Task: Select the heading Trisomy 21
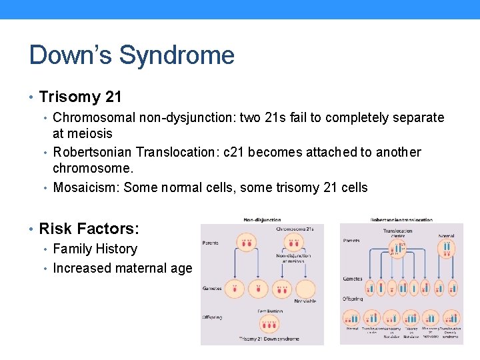pyautogui.click(x=80, y=97)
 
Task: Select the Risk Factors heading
pyautogui.click(x=89, y=229)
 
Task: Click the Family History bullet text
pyautogui.click(x=95, y=249)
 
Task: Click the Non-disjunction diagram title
pyautogui.click(x=262, y=219)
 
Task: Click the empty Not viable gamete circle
pyautogui.click(x=306, y=289)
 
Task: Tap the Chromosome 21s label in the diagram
pyautogui.click(x=294, y=229)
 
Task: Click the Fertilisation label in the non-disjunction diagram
pyautogui.click(x=270, y=311)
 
